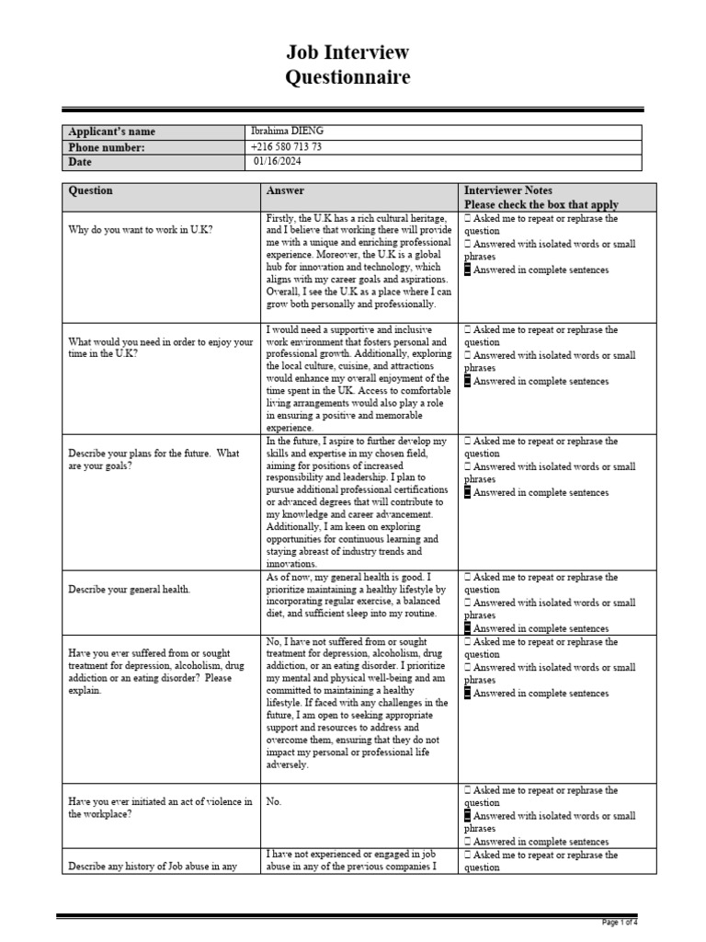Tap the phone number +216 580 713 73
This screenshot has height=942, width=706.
click(286, 146)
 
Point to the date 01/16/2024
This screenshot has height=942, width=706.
click(278, 161)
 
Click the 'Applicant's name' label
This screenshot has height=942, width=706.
click(111, 132)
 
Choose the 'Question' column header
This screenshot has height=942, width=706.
click(91, 190)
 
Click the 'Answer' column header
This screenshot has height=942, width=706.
click(285, 190)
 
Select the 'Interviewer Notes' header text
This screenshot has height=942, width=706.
click(508, 190)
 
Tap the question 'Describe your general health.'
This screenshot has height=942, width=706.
click(130, 589)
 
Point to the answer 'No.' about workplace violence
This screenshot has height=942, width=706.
click(274, 801)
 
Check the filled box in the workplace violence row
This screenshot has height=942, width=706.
click(468, 816)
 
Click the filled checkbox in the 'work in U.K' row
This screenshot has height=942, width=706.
click(468, 270)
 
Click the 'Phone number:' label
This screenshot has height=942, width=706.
click(107, 146)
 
